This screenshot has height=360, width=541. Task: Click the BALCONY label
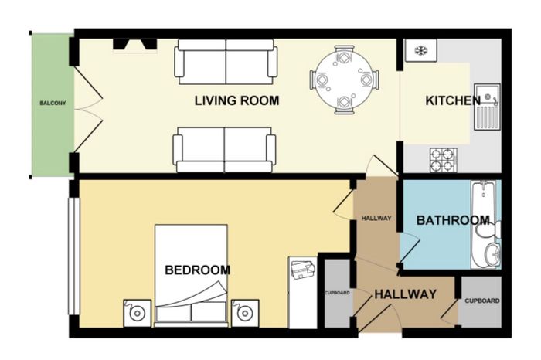pos(53,103)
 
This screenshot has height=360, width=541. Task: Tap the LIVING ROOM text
pos(236,100)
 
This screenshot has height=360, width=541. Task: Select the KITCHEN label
pos(453,100)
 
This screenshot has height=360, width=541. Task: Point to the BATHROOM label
pos(453,220)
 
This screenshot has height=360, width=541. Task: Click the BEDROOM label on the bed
pos(198,270)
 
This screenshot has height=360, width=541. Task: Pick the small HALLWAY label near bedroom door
pos(376,219)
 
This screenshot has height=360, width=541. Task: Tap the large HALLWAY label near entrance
pos(406,294)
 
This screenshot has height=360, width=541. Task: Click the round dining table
pos(345,80)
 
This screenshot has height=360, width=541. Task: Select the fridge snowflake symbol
pos(420,51)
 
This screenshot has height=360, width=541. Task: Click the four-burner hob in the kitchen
pos(444,160)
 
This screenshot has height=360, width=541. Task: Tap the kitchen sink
pos(487,107)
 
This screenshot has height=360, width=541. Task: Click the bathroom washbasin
pos(492,253)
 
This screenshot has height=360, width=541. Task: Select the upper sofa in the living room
pos(226,62)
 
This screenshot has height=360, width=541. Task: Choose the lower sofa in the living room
pos(224,150)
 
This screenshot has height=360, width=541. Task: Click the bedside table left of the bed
pos(138,313)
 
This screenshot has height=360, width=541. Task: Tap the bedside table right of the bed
pos(245,313)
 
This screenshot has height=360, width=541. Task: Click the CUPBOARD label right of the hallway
pos(482,301)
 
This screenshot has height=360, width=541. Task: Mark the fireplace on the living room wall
pos(135,45)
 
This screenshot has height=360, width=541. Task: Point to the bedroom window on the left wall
pos(74,256)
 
